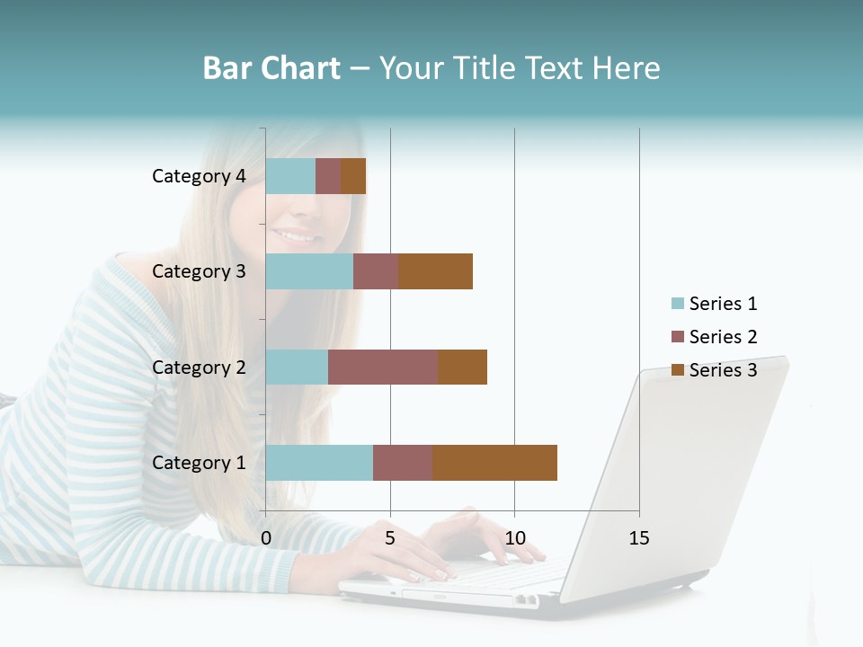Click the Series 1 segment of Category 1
[319, 462]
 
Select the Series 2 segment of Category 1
[403, 462]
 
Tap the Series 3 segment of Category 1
[494, 462]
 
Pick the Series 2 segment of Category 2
[383, 367]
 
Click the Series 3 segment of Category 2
[462, 367]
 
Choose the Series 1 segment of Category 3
[309, 271]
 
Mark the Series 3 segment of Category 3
[435, 271]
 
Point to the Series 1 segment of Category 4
[290, 176]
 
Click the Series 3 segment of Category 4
[353, 176]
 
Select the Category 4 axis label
[199, 176]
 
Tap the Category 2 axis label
[199, 367]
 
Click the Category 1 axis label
[199, 463]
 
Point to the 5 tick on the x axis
[390, 538]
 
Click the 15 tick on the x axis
[639, 538]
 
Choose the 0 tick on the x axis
[266, 538]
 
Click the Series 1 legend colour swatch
[677, 304]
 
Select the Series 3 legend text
[723, 370]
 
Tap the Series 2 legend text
[723, 337]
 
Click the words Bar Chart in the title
[271, 68]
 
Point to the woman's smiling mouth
[298, 236]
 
